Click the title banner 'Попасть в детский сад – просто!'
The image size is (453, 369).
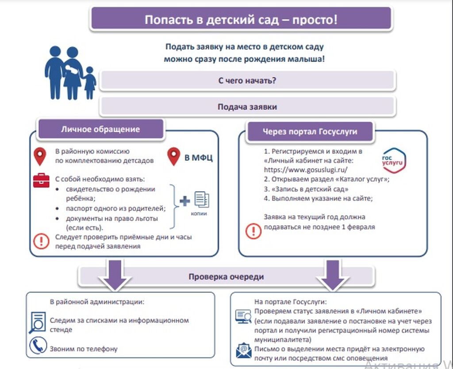tap(241, 20)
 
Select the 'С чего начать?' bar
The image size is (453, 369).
tap(248, 81)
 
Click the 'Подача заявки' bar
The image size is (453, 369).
tap(248, 107)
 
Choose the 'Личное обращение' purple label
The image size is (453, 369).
tap(100, 130)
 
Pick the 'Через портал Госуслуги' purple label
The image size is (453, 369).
tap(310, 131)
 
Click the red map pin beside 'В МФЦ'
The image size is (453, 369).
tap(174, 157)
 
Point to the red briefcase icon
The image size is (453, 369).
tap(41, 180)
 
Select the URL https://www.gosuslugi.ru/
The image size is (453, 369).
tap(305, 169)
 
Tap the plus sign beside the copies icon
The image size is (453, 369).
tap(184, 201)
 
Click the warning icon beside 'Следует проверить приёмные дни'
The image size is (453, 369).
tap(42, 241)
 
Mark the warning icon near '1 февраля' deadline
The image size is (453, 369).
tap(253, 231)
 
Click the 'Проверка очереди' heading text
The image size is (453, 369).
tap(226, 277)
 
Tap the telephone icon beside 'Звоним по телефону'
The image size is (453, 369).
tap(38, 346)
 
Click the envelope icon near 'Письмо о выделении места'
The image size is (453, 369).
tap(243, 350)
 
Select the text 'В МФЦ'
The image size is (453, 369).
tap(198, 157)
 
